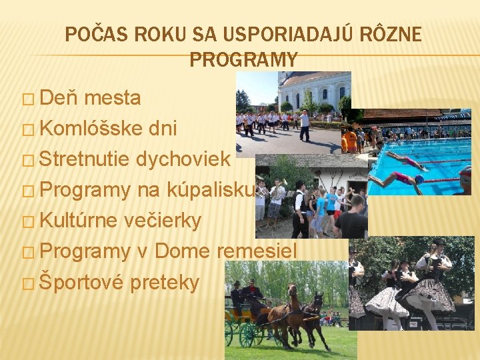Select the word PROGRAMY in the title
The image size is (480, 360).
click(243, 60)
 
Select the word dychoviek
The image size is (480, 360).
click(183, 159)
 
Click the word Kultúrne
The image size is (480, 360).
click(80, 221)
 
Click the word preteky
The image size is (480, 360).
click(165, 283)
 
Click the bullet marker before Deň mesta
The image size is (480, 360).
click(27, 100)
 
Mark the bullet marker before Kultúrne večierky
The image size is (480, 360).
click(27, 222)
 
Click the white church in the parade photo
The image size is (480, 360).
click(313, 89)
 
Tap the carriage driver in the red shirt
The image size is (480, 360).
click(252, 293)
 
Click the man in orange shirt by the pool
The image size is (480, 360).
click(349, 140)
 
